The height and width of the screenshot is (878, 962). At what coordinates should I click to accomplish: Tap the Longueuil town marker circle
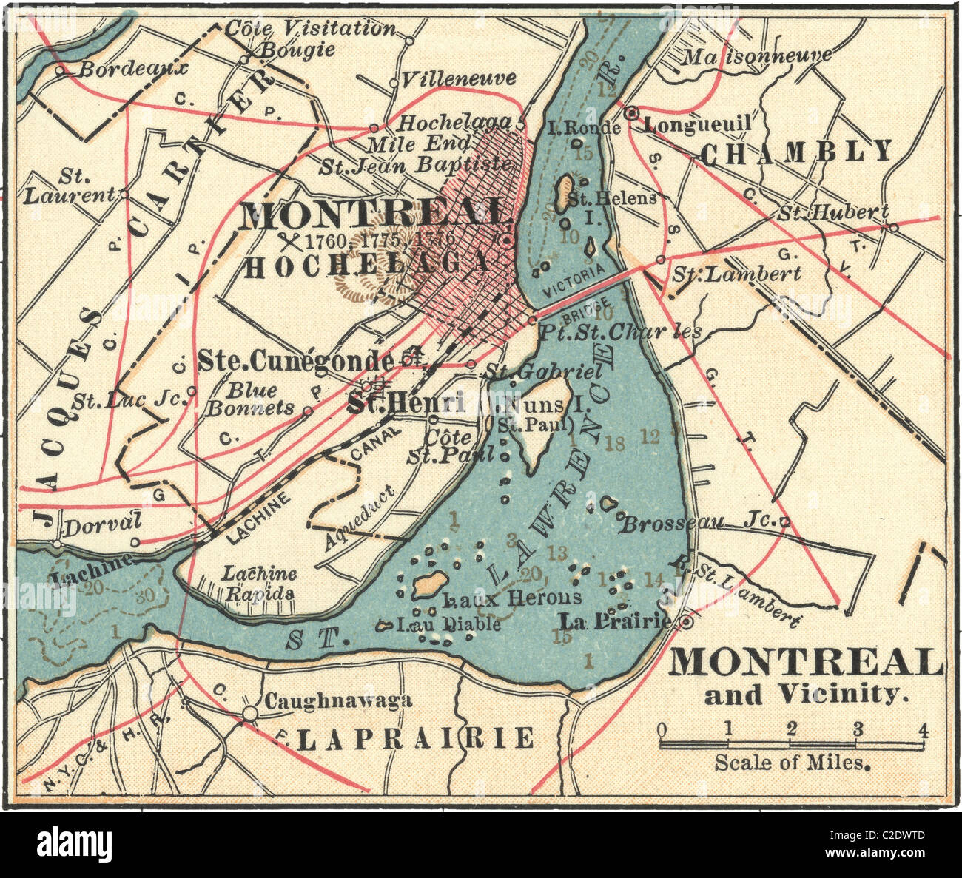(x=631, y=114)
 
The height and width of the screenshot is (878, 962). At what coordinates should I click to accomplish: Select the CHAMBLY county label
(x=796, y=152)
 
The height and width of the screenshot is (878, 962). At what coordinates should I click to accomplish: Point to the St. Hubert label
(x=832, y=213)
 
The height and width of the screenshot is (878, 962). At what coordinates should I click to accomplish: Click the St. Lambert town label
(x=736, y=274)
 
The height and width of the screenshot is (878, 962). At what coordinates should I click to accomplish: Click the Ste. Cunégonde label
(x=295, y=361)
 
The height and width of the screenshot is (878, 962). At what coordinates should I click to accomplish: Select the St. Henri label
(x=417, y=403)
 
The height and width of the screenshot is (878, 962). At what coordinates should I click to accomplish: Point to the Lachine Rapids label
(x=260, y=583)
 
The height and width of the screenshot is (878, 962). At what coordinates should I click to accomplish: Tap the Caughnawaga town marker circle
(x=250, y=713)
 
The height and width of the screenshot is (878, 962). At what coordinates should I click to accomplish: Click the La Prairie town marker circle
(x=687, y=623)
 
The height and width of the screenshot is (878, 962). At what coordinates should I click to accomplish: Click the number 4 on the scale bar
(x=922, y=729)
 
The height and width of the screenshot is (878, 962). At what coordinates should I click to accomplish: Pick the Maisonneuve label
(x=756, y=55)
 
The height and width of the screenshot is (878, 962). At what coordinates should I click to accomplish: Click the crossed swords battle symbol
(x=289, y=240)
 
